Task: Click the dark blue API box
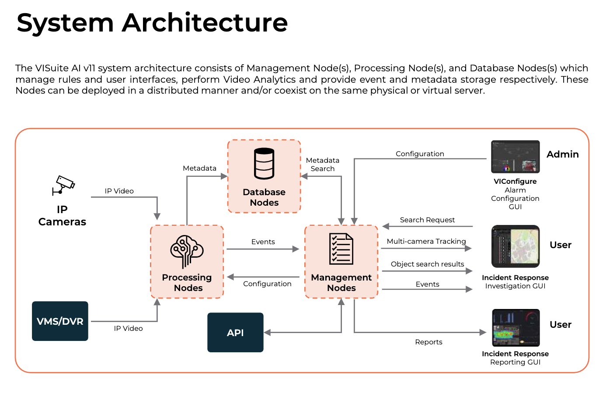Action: point(235,333)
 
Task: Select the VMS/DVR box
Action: point(60,321)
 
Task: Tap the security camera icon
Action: point(64,185)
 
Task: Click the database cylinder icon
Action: point(264,164)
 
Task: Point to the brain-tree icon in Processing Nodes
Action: point(187,251)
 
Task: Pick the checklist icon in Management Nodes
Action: point(341,249)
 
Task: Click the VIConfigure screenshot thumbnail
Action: point(515,157)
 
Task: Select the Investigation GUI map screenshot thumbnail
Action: point(515,246)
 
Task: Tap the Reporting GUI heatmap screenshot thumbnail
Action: point(515,328)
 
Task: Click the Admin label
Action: point(562,154)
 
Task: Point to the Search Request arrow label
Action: point(427,220)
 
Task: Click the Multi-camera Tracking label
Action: point(426,241)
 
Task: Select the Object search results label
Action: point(427,264)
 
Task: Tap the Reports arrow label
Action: point(428,342)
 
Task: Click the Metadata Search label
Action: point(323,165)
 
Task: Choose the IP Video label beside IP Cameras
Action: point(119,191)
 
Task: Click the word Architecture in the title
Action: point(205,23)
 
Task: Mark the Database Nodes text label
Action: point(264,197)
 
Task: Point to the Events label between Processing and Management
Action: point(263,242)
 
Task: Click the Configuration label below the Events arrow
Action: point(267,284)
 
